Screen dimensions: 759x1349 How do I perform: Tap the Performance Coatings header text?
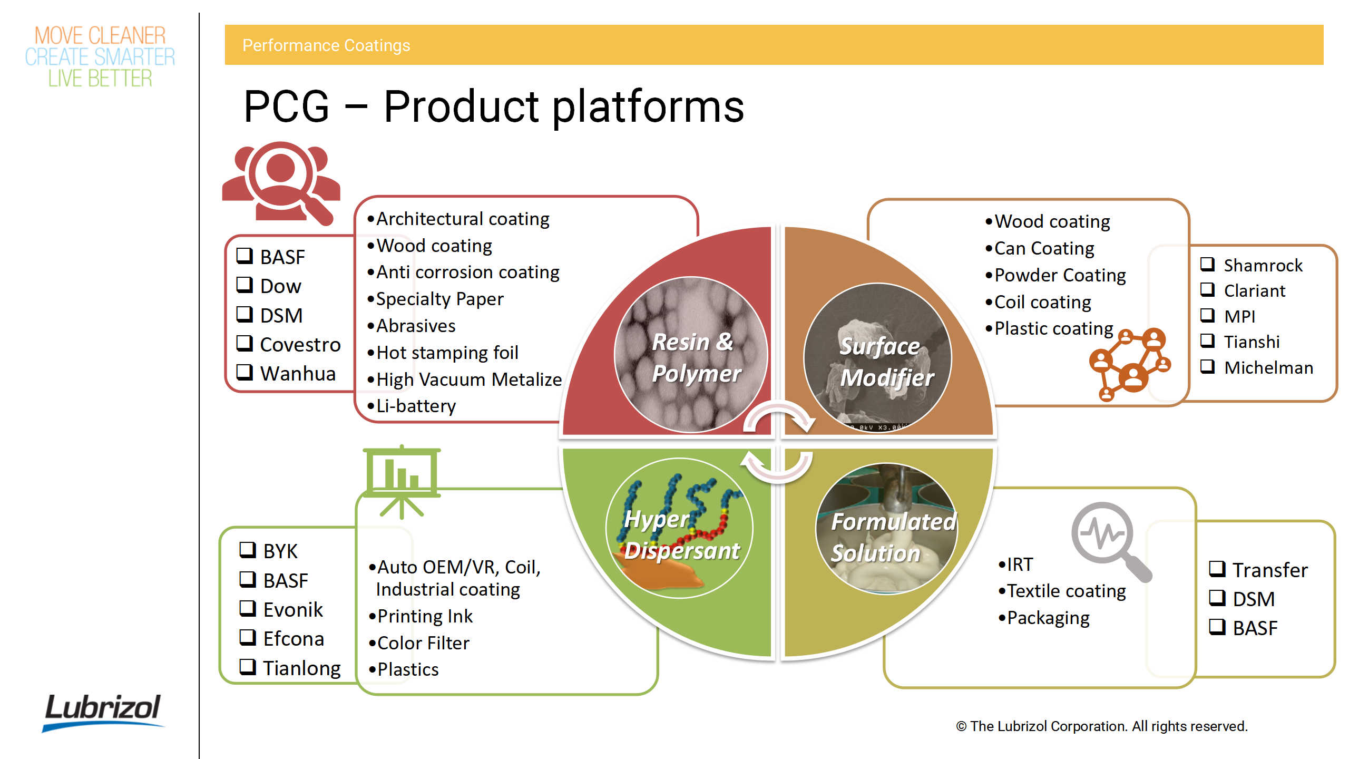point(326,45)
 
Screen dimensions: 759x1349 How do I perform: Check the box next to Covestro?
point(245,343)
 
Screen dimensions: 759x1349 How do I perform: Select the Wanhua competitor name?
point(298,373)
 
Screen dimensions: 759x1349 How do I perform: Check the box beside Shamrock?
point(1208,264)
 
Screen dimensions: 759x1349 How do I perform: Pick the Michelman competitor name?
point(1268,367)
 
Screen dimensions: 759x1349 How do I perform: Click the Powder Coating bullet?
point(1059,275)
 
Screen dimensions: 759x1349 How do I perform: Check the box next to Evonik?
point(248,609)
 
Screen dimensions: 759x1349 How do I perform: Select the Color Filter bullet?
point(423,643)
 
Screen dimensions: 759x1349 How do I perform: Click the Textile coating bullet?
point(1065,591)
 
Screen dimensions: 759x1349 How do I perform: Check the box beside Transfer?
point(1217,569)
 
